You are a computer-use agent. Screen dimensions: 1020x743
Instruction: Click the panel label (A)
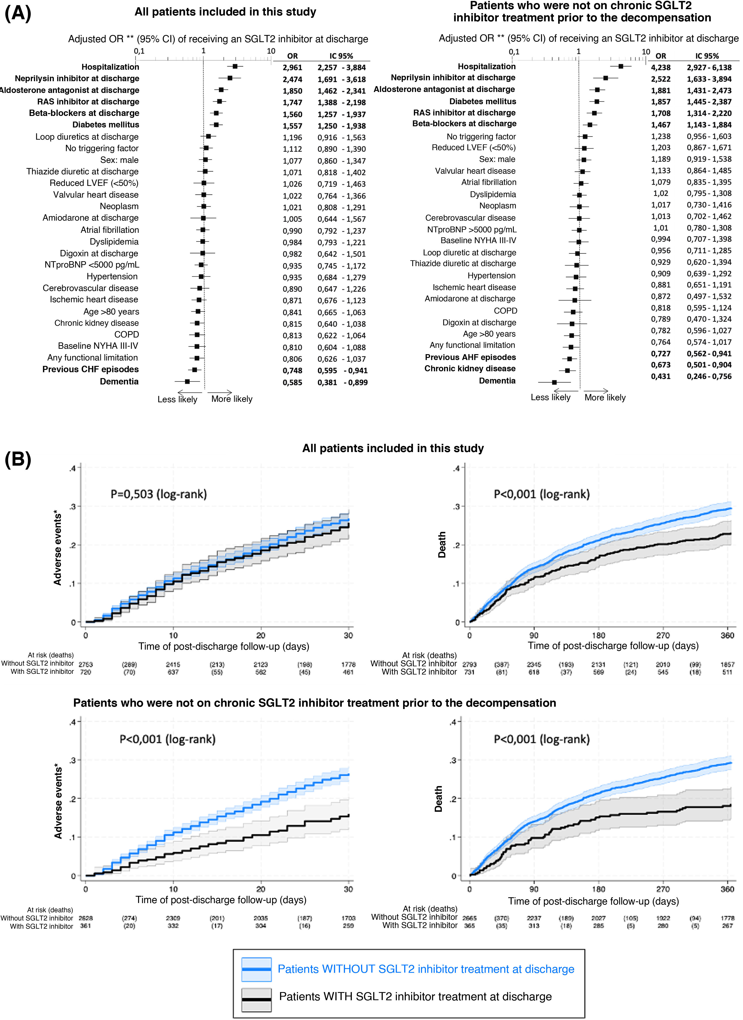pos(18,13)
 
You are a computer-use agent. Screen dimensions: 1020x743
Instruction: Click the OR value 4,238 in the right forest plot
pos(661,67)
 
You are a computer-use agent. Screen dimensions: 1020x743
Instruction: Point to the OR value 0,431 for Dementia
pos(661,376)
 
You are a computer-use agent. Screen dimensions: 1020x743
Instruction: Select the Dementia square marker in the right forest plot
pos(554,382)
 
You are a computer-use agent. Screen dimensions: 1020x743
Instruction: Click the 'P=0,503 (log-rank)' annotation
pos(159,494)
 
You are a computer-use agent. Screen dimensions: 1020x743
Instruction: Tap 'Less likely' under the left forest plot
pos(177,399)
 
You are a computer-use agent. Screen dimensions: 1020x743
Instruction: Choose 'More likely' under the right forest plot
pos(605,398)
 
